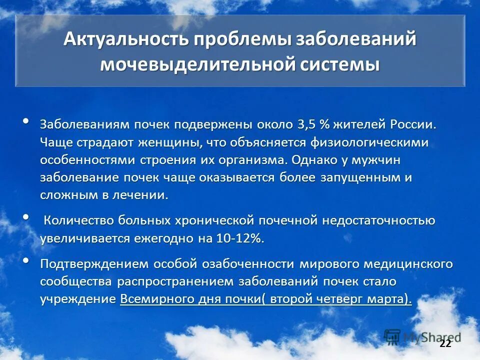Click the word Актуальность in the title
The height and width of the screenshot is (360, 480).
point(126,40)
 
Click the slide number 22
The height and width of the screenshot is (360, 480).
point(444,343)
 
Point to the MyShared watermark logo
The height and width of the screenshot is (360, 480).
point(422,336)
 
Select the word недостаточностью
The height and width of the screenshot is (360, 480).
point(378,220)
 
